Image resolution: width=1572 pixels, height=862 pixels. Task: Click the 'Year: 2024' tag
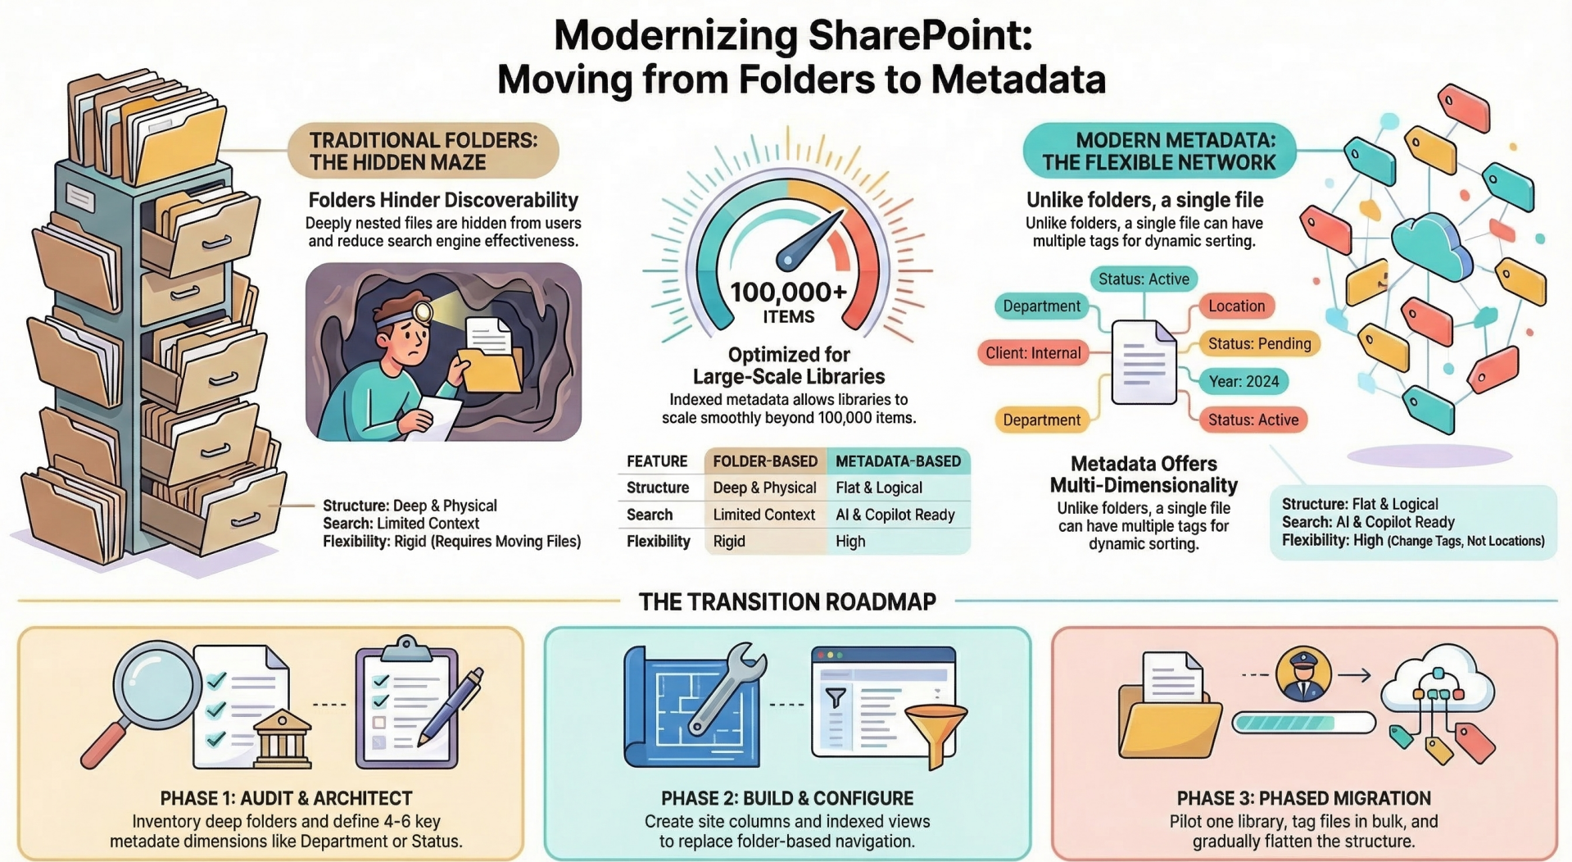1244,381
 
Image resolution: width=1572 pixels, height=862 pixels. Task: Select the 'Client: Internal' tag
1033,353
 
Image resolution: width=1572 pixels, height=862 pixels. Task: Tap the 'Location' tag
1236,306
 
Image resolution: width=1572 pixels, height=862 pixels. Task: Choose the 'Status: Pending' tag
1259,344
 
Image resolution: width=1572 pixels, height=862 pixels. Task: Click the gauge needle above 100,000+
810,239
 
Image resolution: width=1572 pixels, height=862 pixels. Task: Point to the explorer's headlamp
423,312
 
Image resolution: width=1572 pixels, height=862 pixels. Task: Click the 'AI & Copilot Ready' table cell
895,515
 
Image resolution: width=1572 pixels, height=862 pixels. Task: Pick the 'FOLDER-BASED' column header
765,461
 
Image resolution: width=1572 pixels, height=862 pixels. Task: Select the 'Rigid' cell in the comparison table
729,542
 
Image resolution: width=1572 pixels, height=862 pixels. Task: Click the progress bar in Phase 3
1302,723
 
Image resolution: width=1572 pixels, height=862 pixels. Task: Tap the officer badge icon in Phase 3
1302,674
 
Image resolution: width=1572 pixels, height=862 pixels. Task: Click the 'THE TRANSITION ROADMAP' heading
786,602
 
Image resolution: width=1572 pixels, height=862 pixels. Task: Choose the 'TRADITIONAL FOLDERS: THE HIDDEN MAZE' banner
423,151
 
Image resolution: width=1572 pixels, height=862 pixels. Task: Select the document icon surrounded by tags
1144,361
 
